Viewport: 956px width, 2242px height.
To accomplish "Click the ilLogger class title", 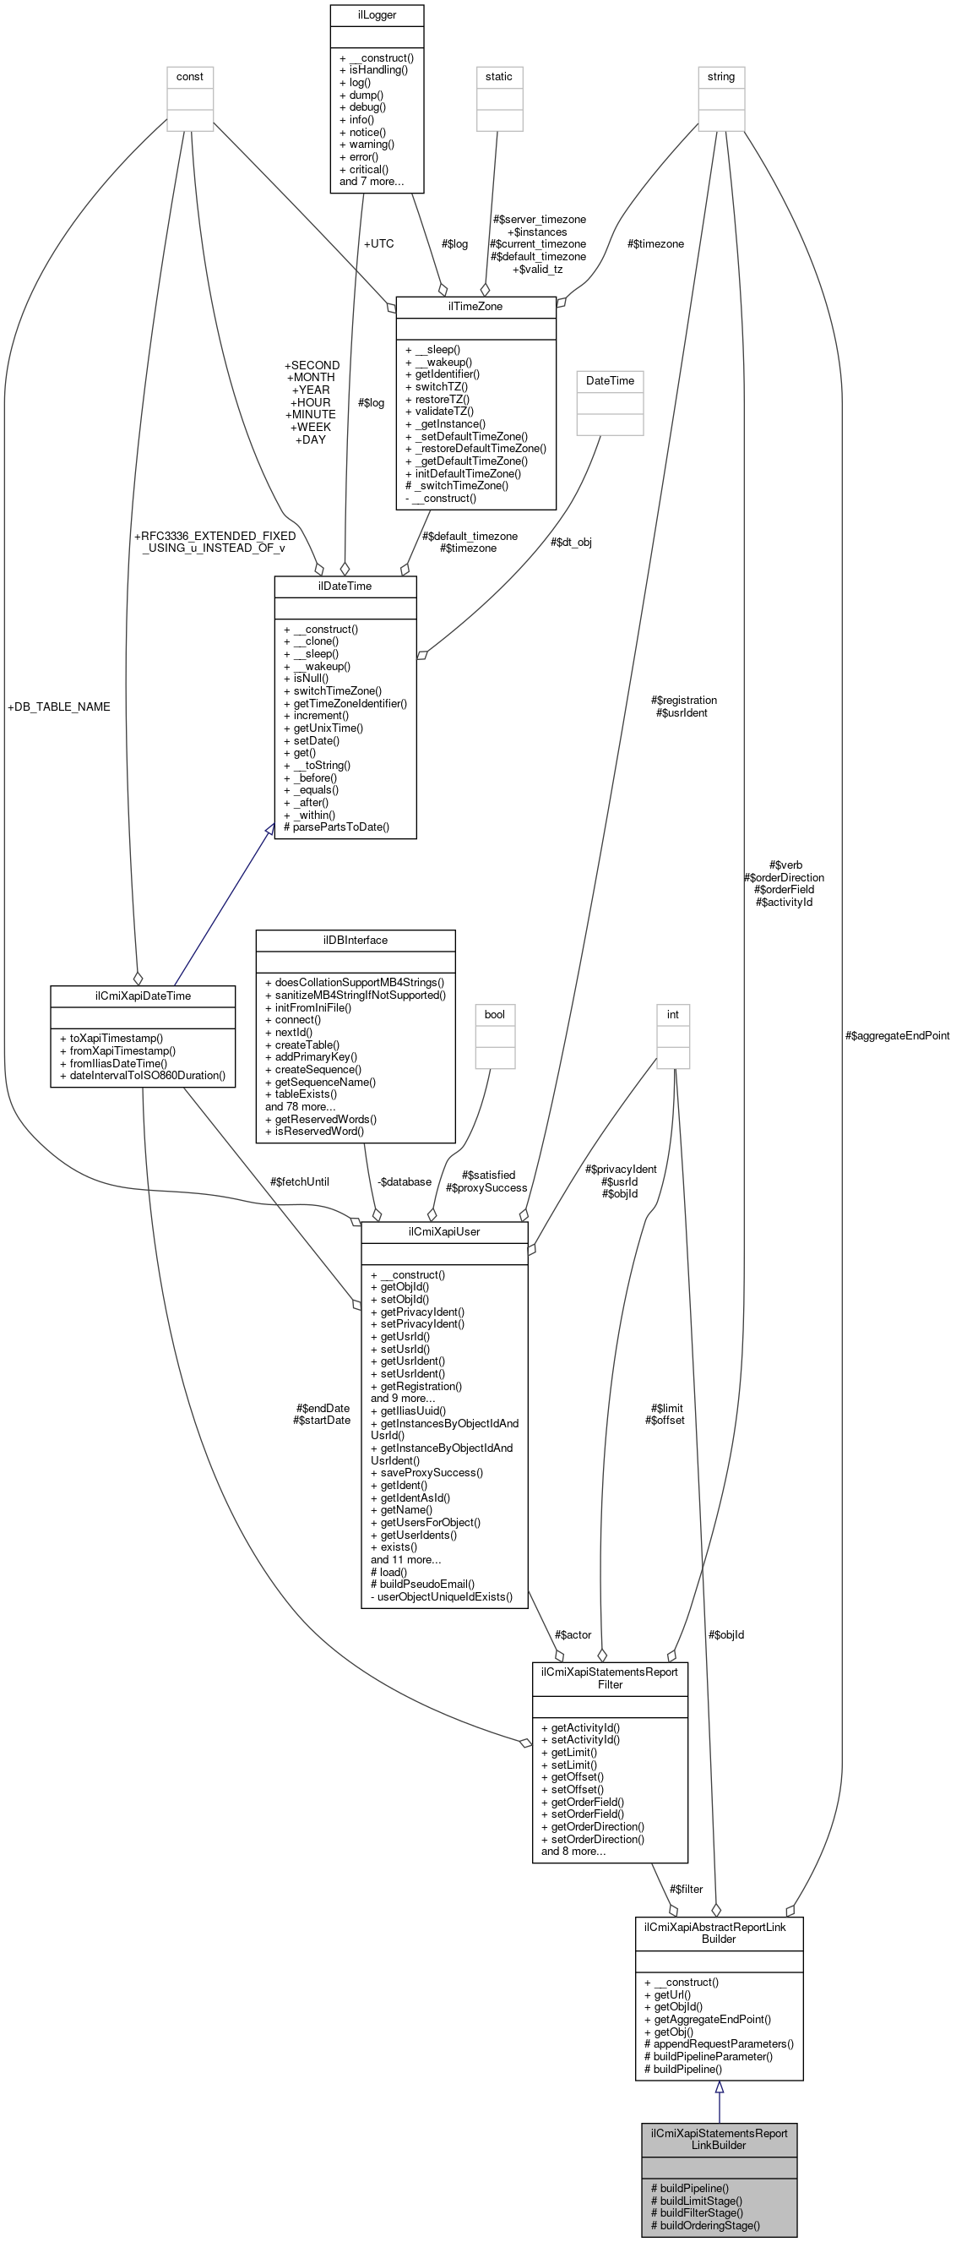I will [377, 15].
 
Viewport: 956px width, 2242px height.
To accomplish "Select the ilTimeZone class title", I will [475, 307].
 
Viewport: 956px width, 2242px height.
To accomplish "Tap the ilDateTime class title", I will [345, 586].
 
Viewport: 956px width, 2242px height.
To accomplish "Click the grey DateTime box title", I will [610, 380].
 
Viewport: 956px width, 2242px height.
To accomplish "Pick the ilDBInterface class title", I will [355, 940].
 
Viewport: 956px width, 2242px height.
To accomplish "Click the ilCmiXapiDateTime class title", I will [143, 996].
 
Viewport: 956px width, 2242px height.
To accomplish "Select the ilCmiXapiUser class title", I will [443, 1231].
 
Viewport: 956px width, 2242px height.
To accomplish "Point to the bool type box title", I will [494, 1014].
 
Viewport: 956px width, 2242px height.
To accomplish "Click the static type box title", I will [498, 77].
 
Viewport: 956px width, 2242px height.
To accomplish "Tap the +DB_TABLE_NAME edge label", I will [58, 706].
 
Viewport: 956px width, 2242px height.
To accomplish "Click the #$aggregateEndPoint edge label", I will [897, 1036].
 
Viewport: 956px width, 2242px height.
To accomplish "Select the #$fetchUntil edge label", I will [299, 1181].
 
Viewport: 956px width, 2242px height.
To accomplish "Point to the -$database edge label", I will [404, 1181].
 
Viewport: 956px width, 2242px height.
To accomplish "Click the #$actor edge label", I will [573, 1634].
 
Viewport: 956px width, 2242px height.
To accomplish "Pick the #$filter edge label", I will [687, 1889].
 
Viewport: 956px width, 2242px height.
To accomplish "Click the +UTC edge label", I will [378, 243].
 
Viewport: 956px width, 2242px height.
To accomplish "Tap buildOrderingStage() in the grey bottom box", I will [704, 2225].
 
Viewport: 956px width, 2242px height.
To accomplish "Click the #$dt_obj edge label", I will [571, 542].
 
